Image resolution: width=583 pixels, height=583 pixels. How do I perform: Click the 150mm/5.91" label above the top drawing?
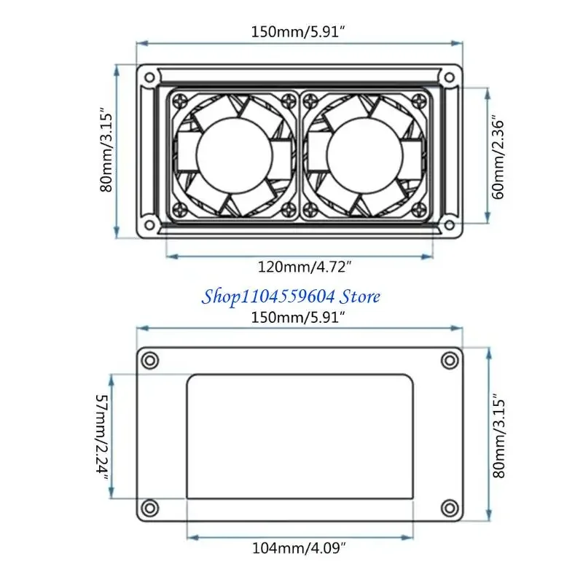(x=300, y=31)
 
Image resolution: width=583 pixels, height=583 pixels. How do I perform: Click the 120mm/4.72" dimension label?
(x=300, y=267)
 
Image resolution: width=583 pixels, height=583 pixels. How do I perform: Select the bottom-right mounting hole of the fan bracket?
(x=450, y=223)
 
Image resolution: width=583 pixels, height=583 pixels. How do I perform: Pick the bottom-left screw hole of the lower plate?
(x=149, y=506)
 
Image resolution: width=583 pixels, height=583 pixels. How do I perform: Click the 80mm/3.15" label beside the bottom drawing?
(x=498, y=436)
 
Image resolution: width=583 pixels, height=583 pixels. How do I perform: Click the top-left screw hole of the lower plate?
(x=149, y=360)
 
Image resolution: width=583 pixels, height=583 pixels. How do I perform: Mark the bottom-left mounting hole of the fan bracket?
(x=149, y=223)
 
